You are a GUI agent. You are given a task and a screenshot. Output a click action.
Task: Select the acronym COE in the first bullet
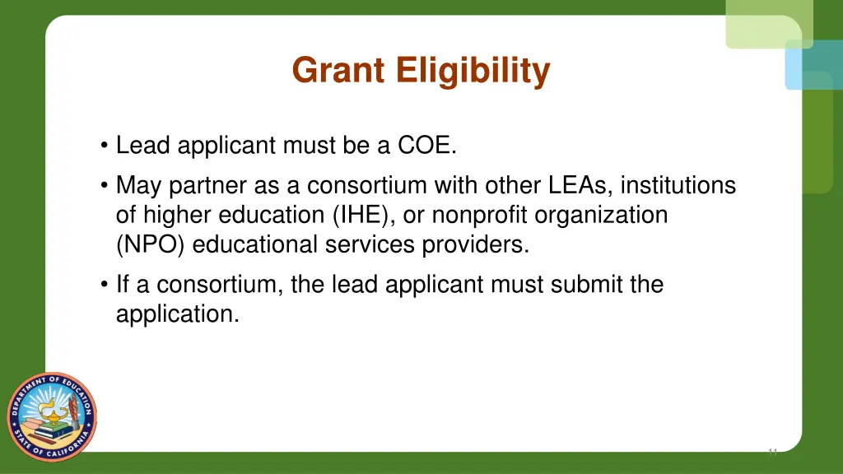[x=426, y=146]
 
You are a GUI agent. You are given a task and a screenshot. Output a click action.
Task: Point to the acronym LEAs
[x=569, y=185]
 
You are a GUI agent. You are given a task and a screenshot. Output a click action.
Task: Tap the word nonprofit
[x=481, y=215]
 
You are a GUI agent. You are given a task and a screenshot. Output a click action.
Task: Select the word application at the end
[x=178, y=314]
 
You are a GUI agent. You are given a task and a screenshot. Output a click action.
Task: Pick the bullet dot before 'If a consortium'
[x=105, y=285]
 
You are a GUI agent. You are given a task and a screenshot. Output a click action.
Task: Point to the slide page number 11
[x=772, y=452]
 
